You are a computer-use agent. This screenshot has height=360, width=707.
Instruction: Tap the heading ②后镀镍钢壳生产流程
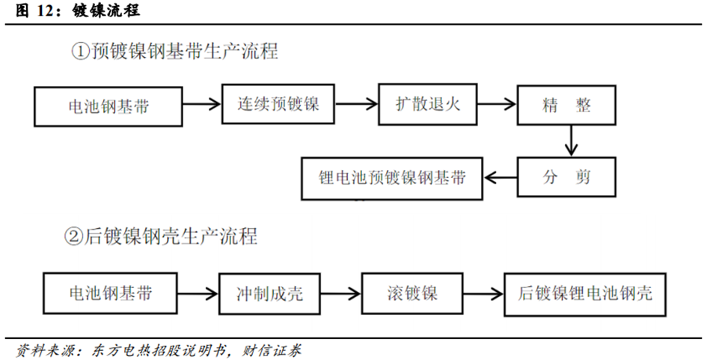(161, 237)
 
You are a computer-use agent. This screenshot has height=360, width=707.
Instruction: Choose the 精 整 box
(567, 106)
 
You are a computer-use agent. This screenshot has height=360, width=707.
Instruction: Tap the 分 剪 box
(567, 177)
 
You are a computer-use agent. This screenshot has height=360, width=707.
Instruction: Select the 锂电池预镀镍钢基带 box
(392, 178)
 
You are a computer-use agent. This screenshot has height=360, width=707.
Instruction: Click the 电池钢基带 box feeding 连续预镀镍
(108, 106)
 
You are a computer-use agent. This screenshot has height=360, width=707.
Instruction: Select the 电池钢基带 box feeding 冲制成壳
(110, 293)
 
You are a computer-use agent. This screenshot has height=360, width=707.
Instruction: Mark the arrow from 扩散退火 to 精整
(497, 105)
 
